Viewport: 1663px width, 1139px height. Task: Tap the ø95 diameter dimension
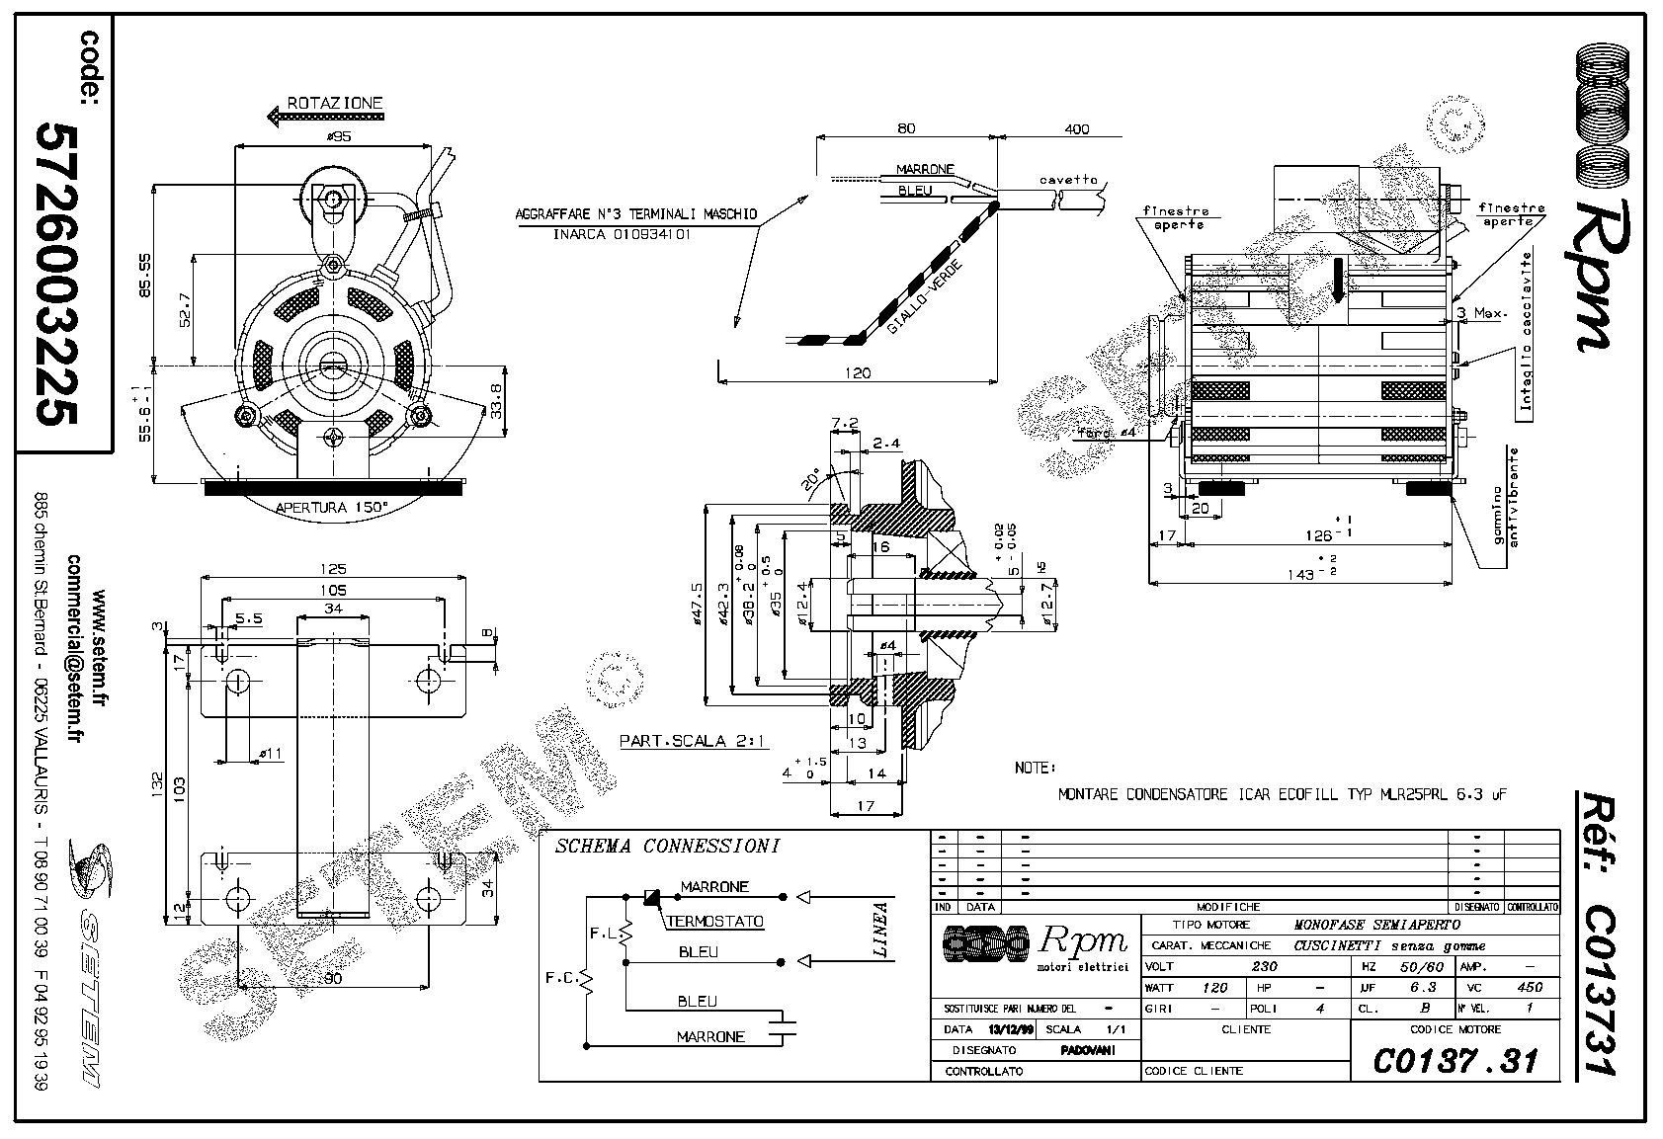click(337, 136)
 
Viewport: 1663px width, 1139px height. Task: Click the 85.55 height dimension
click(144, 274)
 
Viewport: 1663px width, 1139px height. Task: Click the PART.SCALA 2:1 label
click(693, 740)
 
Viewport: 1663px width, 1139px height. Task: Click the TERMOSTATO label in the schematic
click(714, 922)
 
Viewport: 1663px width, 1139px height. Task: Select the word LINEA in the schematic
click(880, 931)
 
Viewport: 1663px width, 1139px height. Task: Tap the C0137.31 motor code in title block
click(1455, 1061)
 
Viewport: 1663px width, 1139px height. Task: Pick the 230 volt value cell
click(1236, 967)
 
